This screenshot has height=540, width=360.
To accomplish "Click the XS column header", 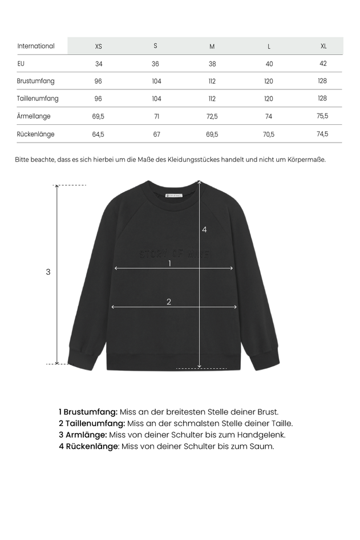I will (99, 46).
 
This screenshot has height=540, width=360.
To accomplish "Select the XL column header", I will (323, 46).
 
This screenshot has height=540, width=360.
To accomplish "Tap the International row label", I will (36, 46).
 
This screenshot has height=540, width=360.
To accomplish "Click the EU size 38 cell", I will (212, 64).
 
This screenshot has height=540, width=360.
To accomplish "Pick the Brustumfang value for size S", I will (156, 82).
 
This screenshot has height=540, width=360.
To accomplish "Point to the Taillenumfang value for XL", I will (322, 99).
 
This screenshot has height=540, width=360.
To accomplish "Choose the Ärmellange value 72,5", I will (212, 116).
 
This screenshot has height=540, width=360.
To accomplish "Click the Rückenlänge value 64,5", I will (98, 135).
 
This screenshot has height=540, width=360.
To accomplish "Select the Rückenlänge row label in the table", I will (36, 135).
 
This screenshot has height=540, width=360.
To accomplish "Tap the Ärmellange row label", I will (34, 116).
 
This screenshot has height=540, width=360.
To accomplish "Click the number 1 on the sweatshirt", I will (169, 263).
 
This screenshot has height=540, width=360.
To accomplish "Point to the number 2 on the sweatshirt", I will (169, 302).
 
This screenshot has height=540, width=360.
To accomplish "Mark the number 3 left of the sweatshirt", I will (48, 273).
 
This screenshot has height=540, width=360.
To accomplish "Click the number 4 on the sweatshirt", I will (204, 230).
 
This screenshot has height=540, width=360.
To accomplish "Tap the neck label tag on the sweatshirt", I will (173, 195).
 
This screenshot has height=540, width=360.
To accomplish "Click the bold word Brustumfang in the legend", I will (90, 412).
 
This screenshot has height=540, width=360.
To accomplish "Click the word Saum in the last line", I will (261, 446).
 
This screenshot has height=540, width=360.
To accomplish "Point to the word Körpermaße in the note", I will (306, 160).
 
